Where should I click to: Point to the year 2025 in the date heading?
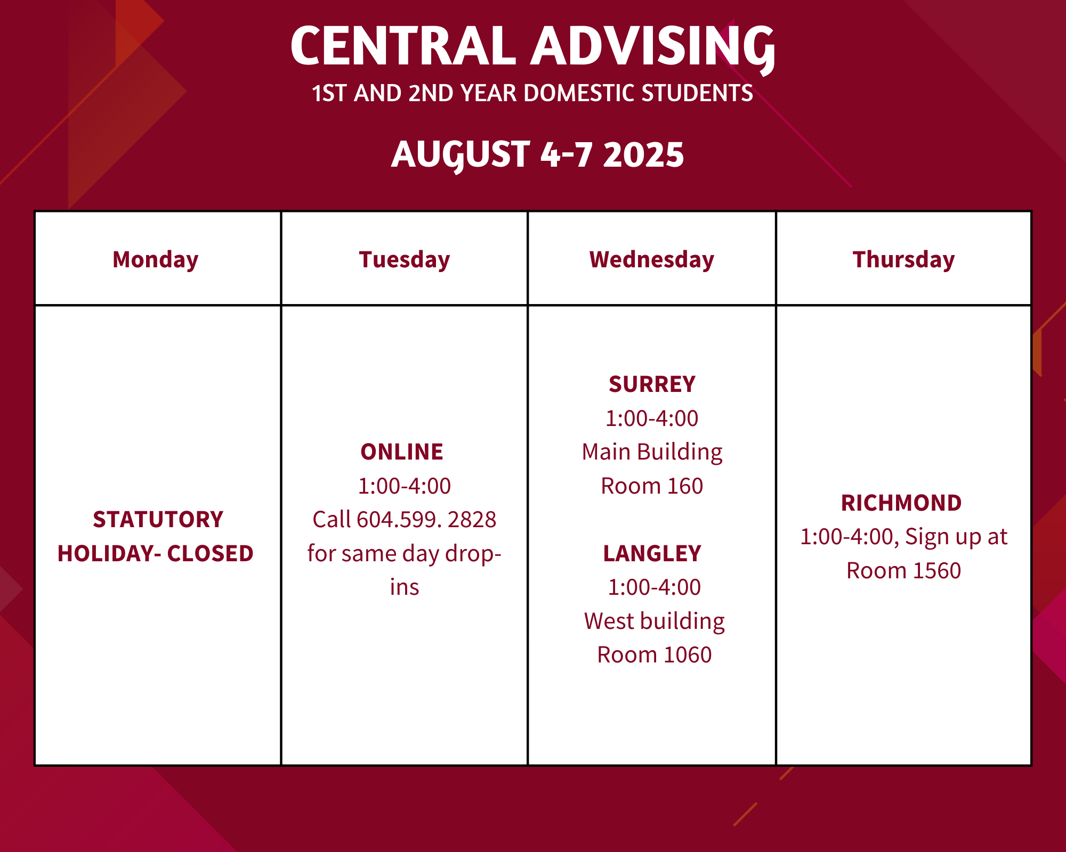point(643,155)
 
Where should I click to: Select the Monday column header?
point(156,260)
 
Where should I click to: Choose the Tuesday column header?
point(405,260)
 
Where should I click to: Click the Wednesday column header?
point(652,260)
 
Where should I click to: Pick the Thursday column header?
point(904,260)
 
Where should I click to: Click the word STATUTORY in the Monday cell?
point(158,520)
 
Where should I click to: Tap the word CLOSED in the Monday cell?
point(210,554)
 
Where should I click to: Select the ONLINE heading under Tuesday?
point(402,452)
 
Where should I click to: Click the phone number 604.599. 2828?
point(426,520)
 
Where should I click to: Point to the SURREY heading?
point(652,384)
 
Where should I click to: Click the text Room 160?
point(652,486)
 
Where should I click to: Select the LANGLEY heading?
point(652,554)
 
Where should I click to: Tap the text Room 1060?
point(655,655)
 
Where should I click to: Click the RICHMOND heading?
point(901,503)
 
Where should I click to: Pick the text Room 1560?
point(904,571)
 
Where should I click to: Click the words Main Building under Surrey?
point(652,452)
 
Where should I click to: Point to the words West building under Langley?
point(655,621)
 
